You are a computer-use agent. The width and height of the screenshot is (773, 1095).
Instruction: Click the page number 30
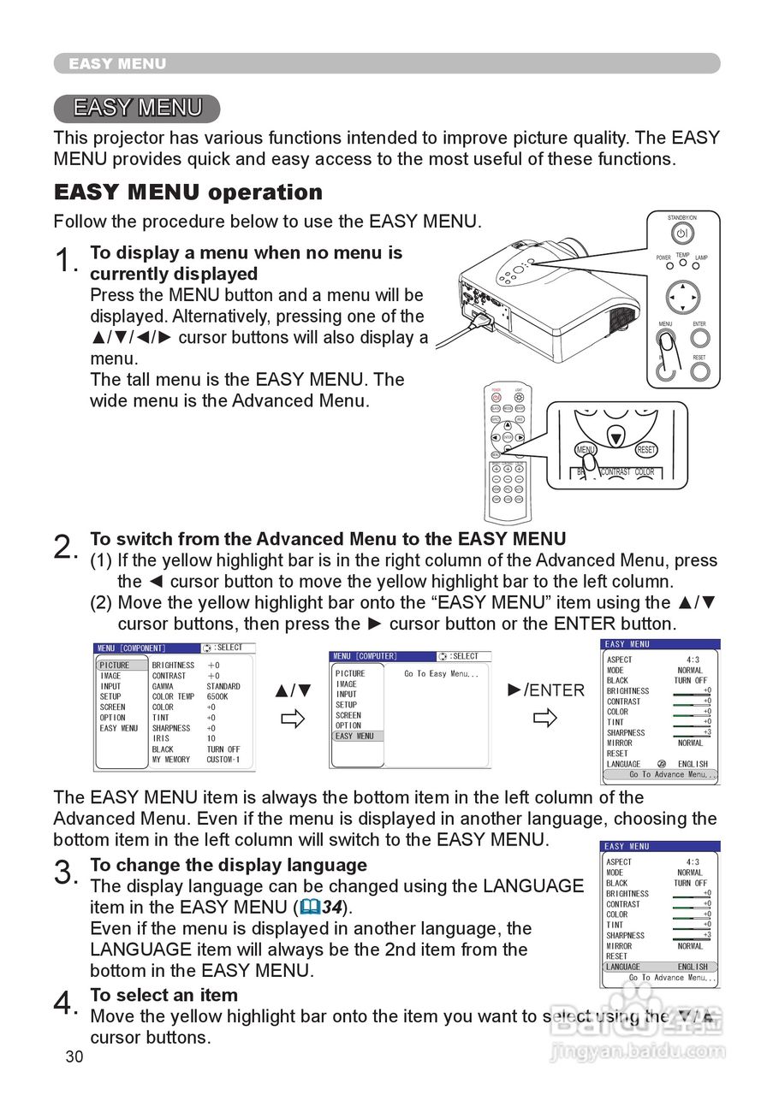click(74, 1057)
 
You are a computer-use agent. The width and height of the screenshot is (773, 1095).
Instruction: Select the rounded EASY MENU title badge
click(137, 108)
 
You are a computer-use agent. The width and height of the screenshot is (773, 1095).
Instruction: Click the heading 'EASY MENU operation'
click(188, 192)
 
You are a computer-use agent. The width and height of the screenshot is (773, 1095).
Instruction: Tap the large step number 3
click(65, 873)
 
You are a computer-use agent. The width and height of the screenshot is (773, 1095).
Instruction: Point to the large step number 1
click(65, 261)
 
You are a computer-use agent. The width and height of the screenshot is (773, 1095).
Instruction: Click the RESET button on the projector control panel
click(700, 371)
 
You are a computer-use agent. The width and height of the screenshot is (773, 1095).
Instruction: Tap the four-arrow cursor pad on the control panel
click(682, 297)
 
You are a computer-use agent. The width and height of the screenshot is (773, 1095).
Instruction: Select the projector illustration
click(548, 291)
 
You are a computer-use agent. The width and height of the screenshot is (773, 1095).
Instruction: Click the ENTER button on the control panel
click(700, 338)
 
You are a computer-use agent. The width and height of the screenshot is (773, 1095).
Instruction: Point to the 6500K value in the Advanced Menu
click(218, 697)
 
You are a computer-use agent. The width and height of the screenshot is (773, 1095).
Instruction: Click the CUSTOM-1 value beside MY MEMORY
click(223, 760)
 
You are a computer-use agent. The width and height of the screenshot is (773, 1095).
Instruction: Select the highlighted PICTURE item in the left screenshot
click(115, 666)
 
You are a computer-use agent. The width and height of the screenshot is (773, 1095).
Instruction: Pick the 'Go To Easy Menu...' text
click(441, 674)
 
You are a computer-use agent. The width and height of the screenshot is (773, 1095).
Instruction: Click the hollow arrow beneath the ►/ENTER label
click(544, 718)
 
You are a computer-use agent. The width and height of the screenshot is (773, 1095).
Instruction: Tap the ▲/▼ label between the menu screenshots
click(293, 690)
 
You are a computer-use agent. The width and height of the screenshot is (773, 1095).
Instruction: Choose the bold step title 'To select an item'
click(164, 995)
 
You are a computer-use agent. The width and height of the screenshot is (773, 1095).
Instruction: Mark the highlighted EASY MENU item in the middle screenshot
click(354, 736)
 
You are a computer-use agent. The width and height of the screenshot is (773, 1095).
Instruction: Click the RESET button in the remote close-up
click(646, 450)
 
